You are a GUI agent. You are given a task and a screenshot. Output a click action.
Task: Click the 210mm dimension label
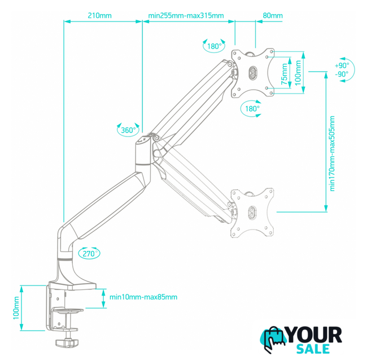click(x=99, y=16)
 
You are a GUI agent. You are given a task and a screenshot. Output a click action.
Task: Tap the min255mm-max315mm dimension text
click(x=186, y=16)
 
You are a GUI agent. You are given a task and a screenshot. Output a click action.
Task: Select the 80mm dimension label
click(x=273, y=16)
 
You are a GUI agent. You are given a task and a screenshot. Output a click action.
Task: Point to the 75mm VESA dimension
click(x=285, y=74)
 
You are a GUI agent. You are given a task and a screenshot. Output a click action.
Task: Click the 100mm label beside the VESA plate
click(x=298, y=73)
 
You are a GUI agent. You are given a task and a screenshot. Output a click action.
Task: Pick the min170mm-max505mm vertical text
click(x=332, y=153)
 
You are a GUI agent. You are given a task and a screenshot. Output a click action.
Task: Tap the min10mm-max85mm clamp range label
click(x=143, y=297)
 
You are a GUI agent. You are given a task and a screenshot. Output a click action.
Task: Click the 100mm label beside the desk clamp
click(x=16, y=307)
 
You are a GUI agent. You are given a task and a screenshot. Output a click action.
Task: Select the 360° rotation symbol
click(x=128, y=130)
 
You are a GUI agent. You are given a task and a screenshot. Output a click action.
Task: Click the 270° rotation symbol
click(x=89, y=253)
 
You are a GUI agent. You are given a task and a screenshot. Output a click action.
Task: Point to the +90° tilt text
click(x=342, y=65)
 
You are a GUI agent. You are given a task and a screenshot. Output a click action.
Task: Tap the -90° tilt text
click(x=342, y=74)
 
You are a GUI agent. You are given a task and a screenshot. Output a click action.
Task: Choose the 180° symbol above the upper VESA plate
click(x=214, y=46)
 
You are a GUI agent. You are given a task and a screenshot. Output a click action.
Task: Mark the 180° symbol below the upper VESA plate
click(x=251, y=108)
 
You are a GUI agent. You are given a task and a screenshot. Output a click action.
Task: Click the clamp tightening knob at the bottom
click(x=67, y=342)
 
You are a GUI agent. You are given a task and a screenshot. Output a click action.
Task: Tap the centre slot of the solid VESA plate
click(x=252, y=73)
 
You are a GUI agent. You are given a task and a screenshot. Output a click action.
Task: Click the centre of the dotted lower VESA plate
click(x=252, y=213)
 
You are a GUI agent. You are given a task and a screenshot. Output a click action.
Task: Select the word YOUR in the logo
click(x=314, y=335)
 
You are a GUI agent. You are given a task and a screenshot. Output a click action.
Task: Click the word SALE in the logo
click(x=313, y=349)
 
